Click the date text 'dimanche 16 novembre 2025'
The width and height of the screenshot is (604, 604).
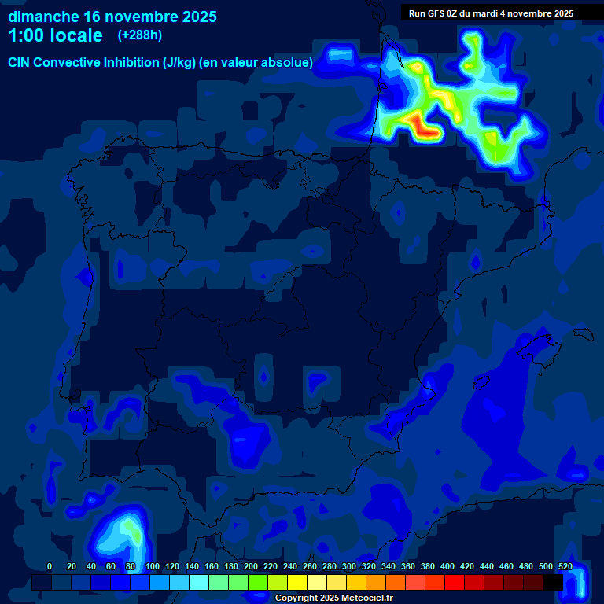point(112,17)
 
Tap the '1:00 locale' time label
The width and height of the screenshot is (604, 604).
point(56,35)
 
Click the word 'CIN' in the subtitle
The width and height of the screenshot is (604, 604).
point(20,62)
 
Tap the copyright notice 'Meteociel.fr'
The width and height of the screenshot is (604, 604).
point(365,598)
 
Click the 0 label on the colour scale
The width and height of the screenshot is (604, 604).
point(50,566)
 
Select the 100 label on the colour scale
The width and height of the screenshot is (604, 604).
point(152,566)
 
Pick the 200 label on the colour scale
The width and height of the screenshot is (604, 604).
point(250,566)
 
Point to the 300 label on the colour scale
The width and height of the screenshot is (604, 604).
point(348,566)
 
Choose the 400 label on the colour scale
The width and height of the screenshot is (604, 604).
point(447,566)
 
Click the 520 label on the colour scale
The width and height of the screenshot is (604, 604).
point(565,566)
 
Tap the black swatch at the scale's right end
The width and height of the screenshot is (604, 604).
point(553,582)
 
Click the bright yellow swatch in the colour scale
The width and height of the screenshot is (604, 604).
point(297,582)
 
